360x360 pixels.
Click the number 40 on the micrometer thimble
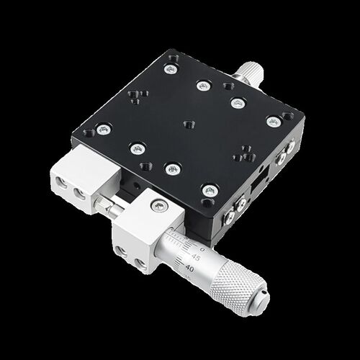(x=189, y=268)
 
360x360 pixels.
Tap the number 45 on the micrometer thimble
(x=196, y=258)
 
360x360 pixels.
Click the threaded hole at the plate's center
(x=189, y=125)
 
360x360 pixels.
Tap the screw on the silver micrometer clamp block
(x=158, y=206)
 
